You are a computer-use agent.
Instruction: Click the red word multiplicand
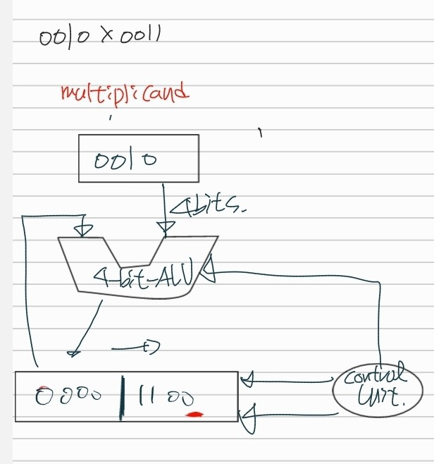pos(125,93)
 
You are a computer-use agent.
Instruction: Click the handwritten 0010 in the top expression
pos(67,37)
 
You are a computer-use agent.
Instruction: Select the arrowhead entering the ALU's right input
pos(166,227)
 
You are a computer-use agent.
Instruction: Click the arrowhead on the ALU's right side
pos(209,272)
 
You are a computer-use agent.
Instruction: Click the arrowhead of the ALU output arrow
pos(73,349)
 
